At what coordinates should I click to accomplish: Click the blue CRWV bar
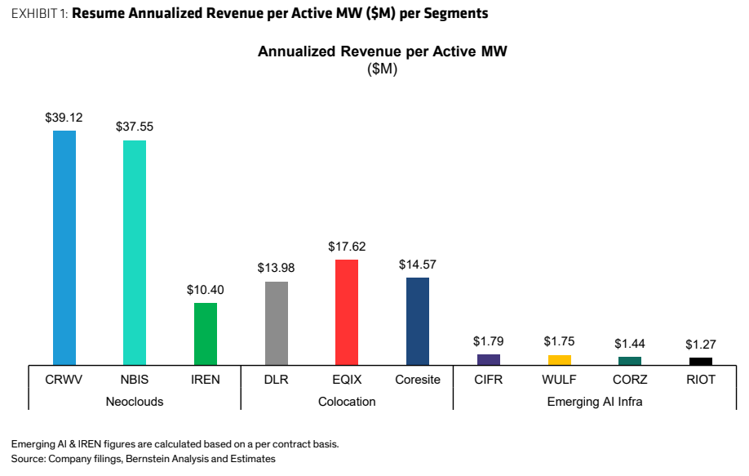click(x=64, y=248)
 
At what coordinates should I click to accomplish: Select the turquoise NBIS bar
click(x=135, y=253)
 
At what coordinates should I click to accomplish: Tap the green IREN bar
click(x=206, y=334)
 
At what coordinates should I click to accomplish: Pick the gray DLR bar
click(x=277, y=323)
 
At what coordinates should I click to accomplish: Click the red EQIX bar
click(x=347, y=313)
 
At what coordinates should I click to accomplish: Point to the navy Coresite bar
click(x=418, y=322)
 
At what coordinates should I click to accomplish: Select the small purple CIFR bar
click(x=489, y=360)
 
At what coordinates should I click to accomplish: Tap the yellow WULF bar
click(x=560, y=360)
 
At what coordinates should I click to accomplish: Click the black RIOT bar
click(x=701, y=362)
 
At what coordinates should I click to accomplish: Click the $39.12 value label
click(x=64, y=118)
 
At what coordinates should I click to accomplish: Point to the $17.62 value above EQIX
click(x=347, y=247)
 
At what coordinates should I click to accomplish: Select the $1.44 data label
click(x=630, y=344)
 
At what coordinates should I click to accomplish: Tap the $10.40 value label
click(x=206, y=290)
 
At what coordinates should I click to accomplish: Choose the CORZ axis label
click(x=630, y=380)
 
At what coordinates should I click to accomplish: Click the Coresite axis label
click(x=418, y=380)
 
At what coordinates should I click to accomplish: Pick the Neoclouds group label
click(x=135, y=402)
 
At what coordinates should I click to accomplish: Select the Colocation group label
click(x=347, y=402)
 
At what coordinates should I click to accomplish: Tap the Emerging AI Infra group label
click(x=595, y=402)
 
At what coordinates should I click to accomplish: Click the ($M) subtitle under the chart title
click(x=382, y=69)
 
